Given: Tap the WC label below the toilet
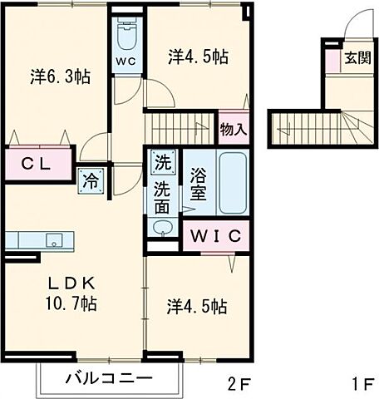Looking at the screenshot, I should pos(127,62).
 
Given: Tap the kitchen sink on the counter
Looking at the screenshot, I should pos(55,241).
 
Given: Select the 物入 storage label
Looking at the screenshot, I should pos(234,130).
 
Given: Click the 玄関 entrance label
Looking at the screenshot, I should pos(359,60).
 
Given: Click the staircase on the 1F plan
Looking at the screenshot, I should pos(312,127).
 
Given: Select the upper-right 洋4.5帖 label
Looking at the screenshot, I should pos(198,57).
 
